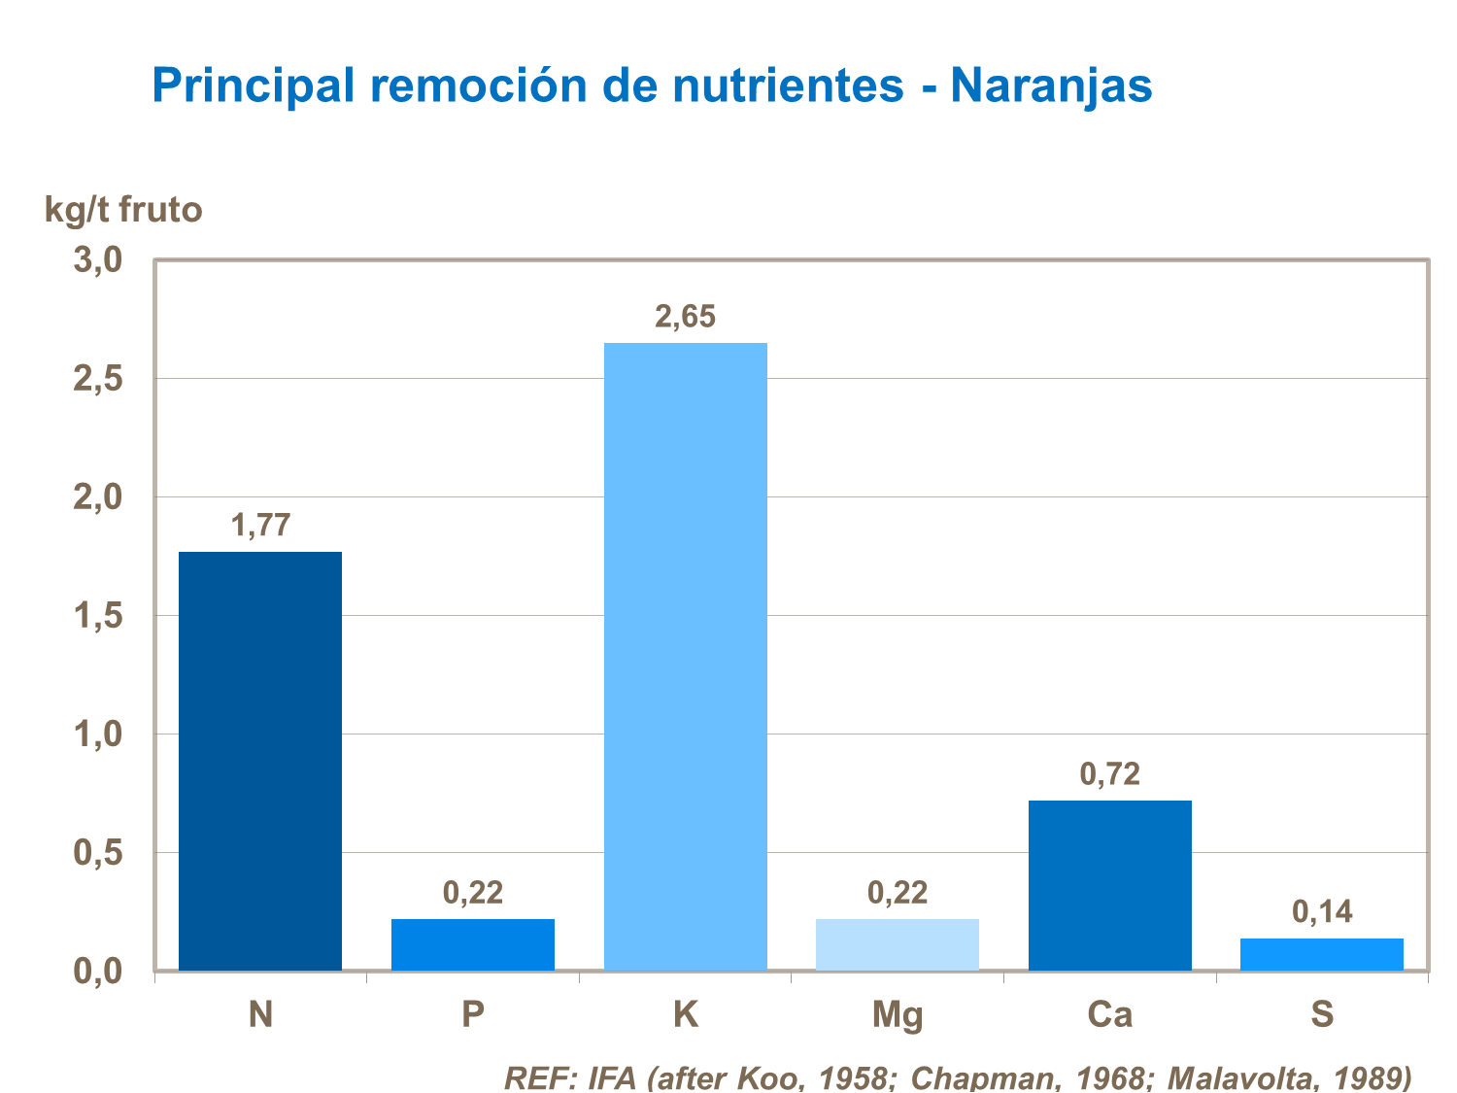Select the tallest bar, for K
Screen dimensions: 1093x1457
pyautogui.click(x=685, y=656)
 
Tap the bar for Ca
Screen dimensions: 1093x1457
pyautogui.click(x=1109, y=885)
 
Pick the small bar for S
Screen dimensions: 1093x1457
pyautogui.click(x=1321, y=954)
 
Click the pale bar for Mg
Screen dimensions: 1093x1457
pyautogui.click(x=898, y=944)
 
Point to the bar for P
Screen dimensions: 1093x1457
pyautogui.click(x=473, y=944)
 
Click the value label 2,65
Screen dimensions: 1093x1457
pyautogui.click(x=685, y=317)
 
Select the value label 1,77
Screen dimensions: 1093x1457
pyautogui.click(x=260, y=526)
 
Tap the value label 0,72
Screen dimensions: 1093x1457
pyautogui.click(x=1109, y=774)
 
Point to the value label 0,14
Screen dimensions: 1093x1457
pyautogui.click(x=1321, y=911)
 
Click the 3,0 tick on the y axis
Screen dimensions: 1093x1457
pyautogui.click(x=97, y=260)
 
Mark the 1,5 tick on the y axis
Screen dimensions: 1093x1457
pyautogui.click(x=97, y=616)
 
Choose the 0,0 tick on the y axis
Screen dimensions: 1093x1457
pyautogui.click(x=97, y=971)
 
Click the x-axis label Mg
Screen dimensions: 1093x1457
pyautogui.click(x=898, y=1014)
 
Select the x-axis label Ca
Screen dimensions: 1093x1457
pyautogui.click(x=1109, y=1014)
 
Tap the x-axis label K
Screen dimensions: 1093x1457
pyautogui.click(x=685, y=1014)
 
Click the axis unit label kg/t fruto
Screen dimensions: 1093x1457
pyautogui.click(x=123, y=209)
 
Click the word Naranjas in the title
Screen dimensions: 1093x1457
pyautogui.click(x=1051, y=85)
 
